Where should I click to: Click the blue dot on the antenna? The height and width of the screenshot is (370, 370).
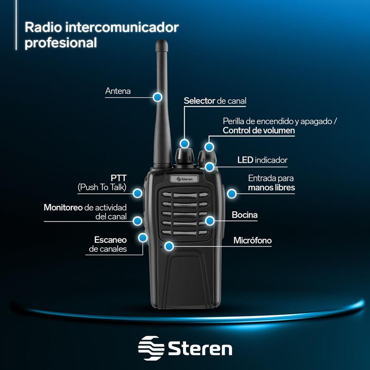[157, 97]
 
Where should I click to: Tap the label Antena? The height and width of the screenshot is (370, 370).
[118, 91]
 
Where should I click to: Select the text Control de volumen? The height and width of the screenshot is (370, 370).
[259, 130]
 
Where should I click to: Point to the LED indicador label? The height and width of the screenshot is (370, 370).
[262, 160]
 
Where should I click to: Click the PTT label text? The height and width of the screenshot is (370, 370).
[119, 178]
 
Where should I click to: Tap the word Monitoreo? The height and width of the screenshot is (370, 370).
[63, 207]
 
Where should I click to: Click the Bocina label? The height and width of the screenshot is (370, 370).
[245, 215]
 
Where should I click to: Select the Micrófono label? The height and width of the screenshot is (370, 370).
[253, 240]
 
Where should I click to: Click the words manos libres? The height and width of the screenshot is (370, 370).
[271, 188]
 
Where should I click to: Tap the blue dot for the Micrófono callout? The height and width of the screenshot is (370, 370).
[170, 247]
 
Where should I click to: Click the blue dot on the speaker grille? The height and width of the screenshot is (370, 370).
[210, 221]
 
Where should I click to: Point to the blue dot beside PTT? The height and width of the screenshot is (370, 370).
[137, 192]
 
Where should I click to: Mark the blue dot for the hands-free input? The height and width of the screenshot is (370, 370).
[231, 193]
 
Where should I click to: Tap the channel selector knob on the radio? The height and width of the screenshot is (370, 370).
[185, 156]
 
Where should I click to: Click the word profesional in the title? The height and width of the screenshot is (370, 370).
[61, 43]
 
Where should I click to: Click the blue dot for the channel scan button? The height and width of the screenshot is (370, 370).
[143, 238]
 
